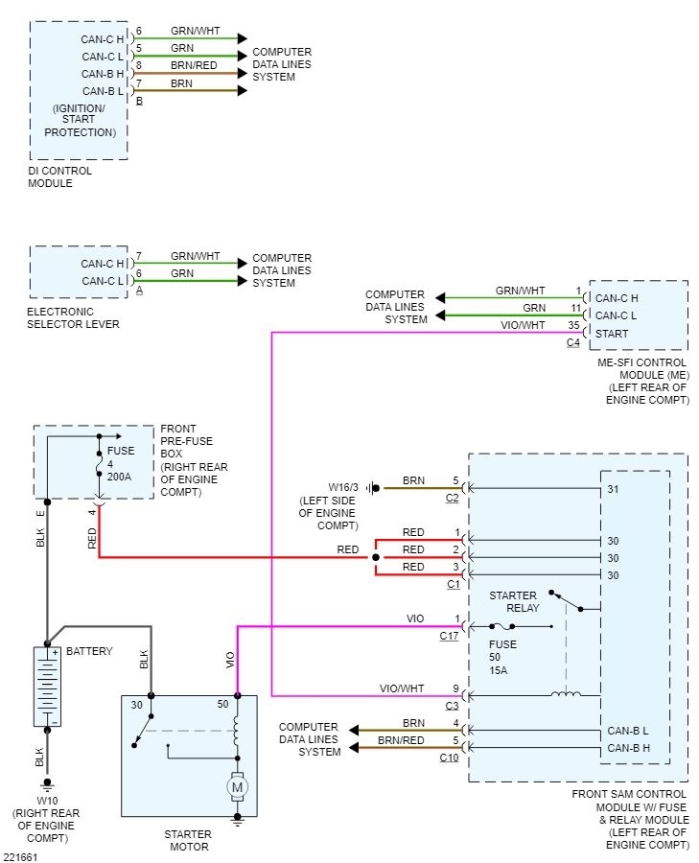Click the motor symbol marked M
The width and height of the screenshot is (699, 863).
(x=236, y=787)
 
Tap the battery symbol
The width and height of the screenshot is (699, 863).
(x=46, y=686)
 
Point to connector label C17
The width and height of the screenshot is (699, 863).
(x=450, y=635)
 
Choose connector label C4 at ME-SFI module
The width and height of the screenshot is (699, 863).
(x=573, y=342)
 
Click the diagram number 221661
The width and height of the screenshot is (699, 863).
(x=18, y=855)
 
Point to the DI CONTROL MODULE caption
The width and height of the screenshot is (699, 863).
(x=60, y=176)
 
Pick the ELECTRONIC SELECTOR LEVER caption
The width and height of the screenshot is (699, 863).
(x=74, y=317)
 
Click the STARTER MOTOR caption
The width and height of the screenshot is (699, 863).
(x=187, y=840)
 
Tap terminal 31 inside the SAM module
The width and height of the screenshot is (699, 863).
(x=613, y=488)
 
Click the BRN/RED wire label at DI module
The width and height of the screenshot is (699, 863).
(x=195, y=65)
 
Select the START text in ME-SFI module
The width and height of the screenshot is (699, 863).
(x=612, y=334)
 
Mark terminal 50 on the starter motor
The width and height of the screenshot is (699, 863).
(x=223, y=705)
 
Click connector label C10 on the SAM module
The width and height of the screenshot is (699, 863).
(x=449, y=758)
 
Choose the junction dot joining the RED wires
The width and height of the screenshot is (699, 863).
(x=375, y=556)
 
